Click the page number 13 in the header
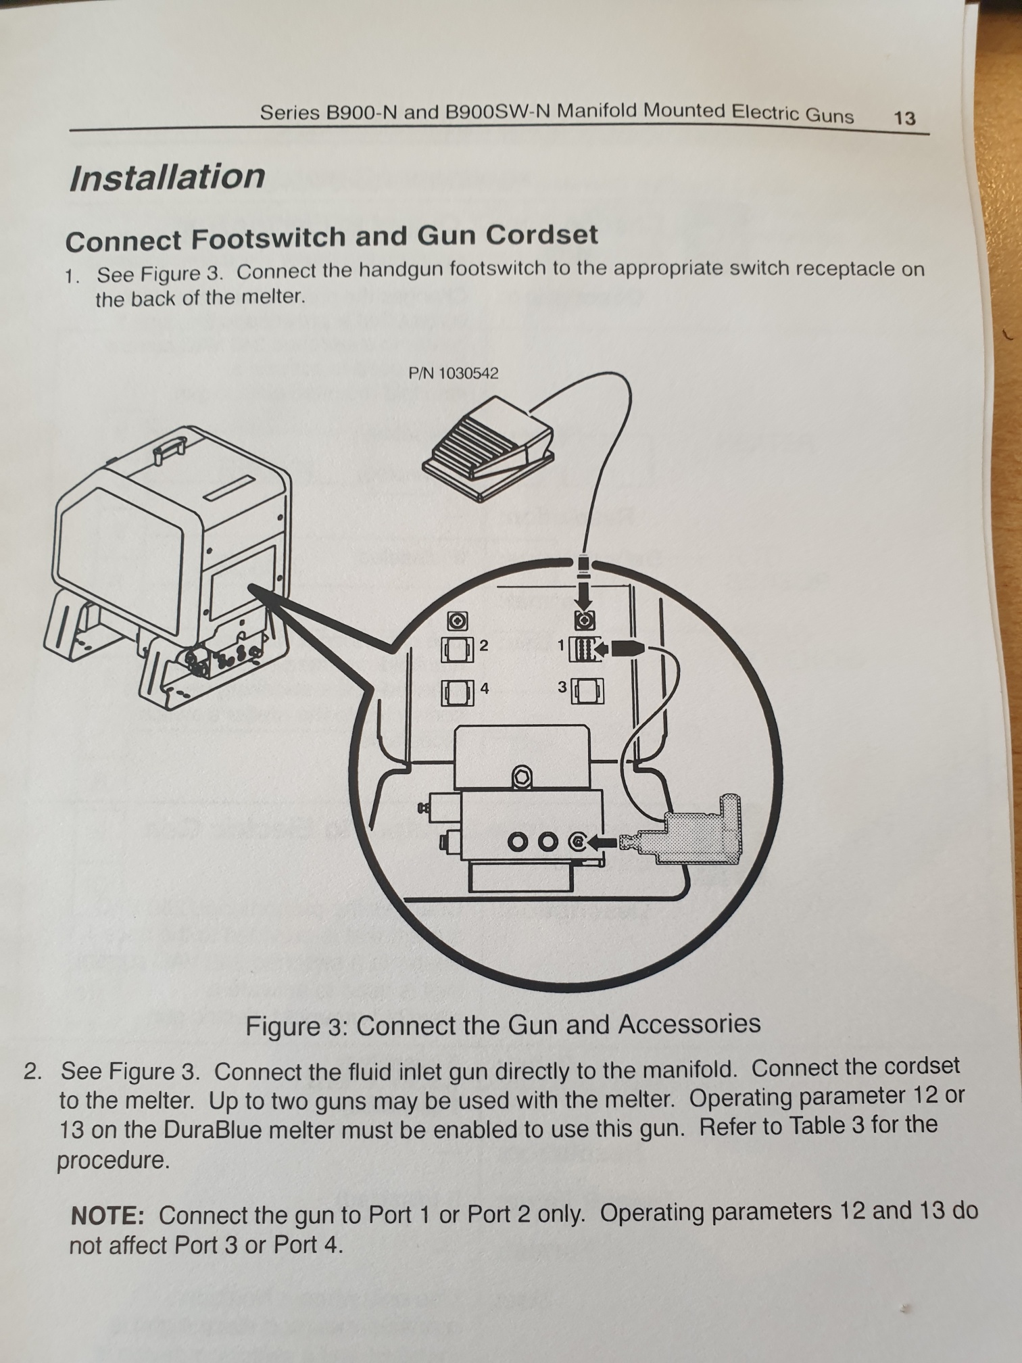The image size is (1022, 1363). (904, 118)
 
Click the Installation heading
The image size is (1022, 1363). (167, 177)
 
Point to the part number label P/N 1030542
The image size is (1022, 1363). (454, 373)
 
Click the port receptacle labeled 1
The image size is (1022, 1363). (583, 649)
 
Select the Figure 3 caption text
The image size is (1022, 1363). (503, 1025)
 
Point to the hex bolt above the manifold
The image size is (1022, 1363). (521, 778)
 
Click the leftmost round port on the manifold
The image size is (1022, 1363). (519, 842)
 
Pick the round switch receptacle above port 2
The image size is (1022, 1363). (457, 620)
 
